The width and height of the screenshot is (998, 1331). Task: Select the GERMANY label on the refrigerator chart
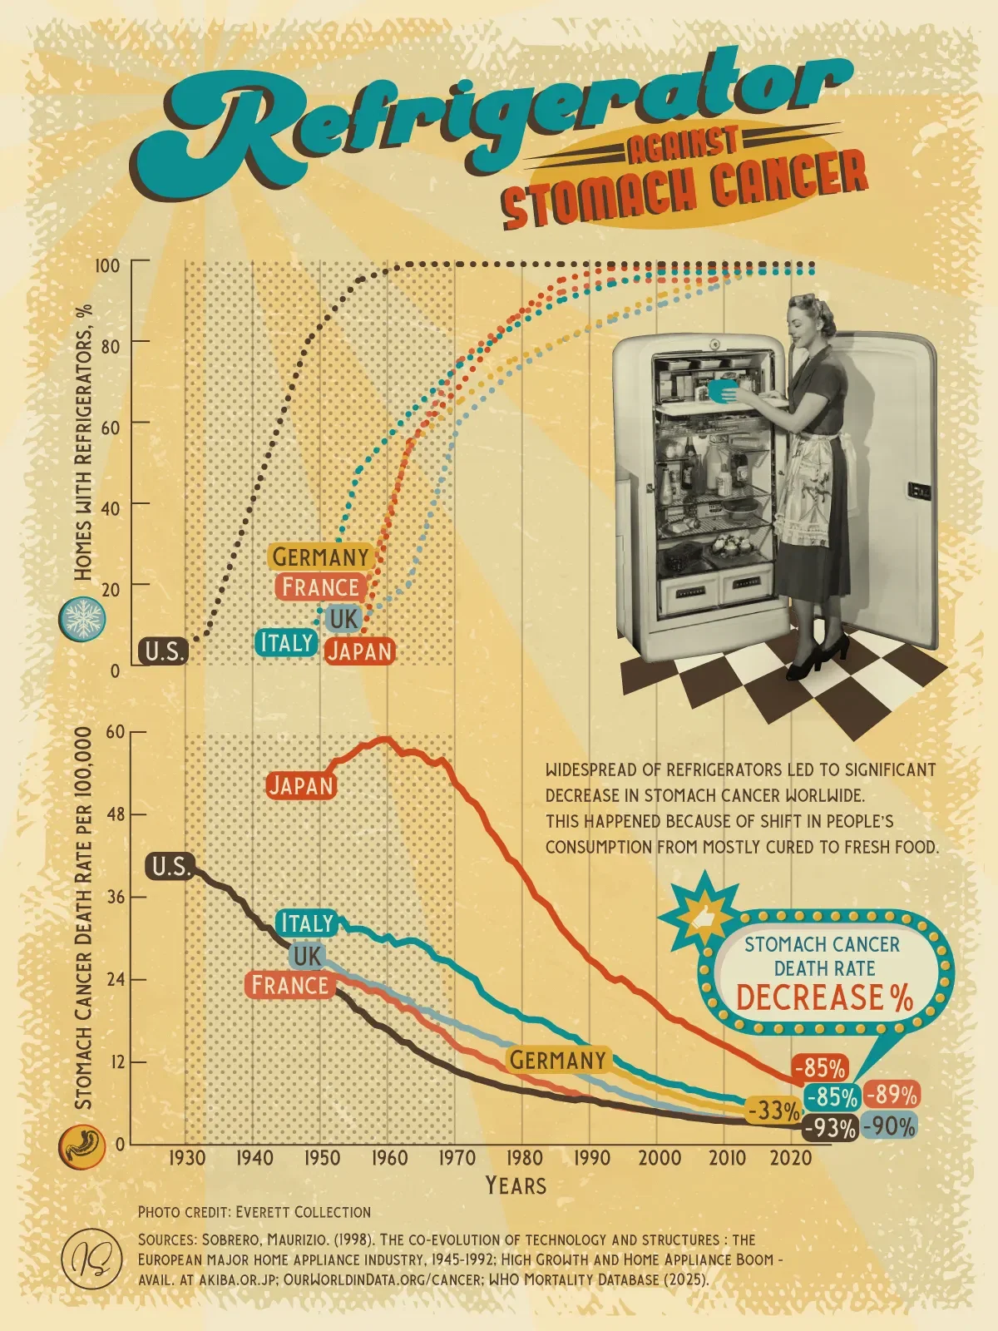tap(320, 557)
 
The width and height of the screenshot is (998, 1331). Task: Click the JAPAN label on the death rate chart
tap(300, 785)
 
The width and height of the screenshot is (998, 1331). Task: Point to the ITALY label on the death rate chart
tap(307, 923)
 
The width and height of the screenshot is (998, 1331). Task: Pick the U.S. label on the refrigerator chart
tap(163, 651)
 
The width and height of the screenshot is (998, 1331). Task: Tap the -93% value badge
tap(830, 1128)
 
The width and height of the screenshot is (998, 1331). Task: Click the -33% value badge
tap(773, 1111)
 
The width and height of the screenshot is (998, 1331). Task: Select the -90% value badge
tap(889, 1126)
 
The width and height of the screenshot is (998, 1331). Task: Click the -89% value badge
tap(892, 1095)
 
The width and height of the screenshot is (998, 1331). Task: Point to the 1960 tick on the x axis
tap(388, 1158)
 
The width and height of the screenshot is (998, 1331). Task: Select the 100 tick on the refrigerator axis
tap(107, 265)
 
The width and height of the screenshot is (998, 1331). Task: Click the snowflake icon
tap(82, 620)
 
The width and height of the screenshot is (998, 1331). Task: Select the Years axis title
tap(516, 1185)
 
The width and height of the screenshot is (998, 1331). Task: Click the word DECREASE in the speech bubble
tap(808, 997)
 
